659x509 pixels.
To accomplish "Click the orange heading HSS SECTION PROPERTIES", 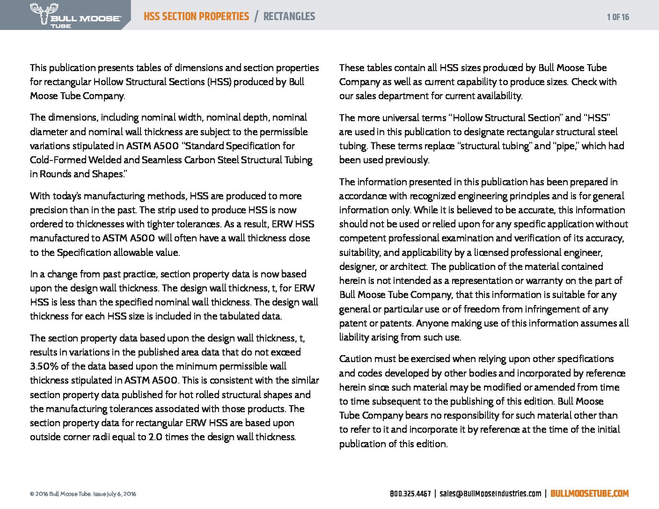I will [x=196, y=17].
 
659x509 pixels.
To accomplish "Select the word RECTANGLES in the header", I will [x=289, y=17].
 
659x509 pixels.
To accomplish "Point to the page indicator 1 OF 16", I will [x=618, y=17].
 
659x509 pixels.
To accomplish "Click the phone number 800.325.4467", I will [x=410, y=494].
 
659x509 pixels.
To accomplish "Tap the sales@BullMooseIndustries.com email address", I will [x=490, y=494].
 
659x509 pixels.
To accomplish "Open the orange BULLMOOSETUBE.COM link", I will [x=589, y=494].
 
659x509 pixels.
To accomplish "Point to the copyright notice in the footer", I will [x=83, y=494].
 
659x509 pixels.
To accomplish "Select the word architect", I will [x=410, y=267].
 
